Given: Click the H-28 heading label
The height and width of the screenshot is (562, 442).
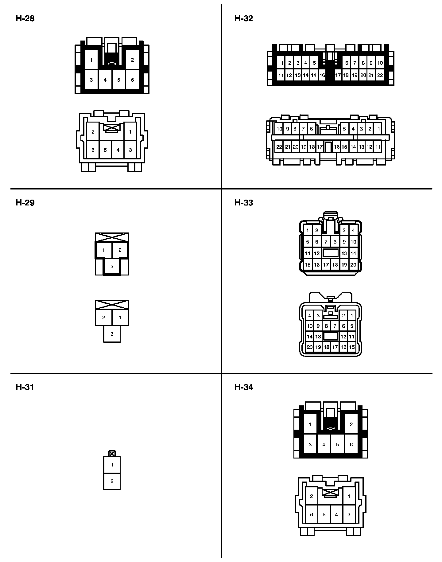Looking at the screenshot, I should click(25, 19).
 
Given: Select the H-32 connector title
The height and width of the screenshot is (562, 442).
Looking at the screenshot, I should click(244, 19).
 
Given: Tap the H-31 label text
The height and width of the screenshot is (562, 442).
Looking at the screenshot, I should click(25, 387).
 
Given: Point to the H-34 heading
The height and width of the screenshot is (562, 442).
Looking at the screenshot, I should click(244, 387).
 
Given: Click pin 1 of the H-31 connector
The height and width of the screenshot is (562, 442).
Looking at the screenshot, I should click(112, 465).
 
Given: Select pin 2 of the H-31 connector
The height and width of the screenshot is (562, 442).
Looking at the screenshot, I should click(112, 481).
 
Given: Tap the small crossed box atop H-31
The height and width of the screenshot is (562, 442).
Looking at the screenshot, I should click(112, 454).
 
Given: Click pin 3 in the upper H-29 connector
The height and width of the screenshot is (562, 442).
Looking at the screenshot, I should click(112, 267).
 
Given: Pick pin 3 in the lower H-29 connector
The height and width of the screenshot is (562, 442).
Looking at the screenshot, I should click(112, 334).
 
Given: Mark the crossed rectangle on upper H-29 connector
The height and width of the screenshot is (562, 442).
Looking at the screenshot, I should click(112, 237).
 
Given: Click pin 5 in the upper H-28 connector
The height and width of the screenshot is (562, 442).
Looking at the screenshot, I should click(119, 80).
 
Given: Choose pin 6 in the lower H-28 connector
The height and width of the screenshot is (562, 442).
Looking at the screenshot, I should click(93, 150).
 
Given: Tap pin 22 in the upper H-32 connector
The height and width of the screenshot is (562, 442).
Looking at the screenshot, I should click(380, 75).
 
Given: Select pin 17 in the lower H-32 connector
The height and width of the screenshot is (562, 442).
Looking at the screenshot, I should click(320, 147).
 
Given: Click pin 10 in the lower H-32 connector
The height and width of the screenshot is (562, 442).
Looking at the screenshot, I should click(279, 129).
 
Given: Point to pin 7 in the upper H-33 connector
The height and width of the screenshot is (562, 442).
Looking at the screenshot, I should click(326, 242).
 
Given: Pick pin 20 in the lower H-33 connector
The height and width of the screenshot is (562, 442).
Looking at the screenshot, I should click(310, 347).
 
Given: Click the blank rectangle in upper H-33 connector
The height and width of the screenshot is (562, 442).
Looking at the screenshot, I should click(331, 253).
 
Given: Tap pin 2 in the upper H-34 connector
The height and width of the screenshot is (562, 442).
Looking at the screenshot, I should click(351, 425).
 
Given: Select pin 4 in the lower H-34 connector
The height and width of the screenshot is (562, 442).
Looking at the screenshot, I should click(336, 515).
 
